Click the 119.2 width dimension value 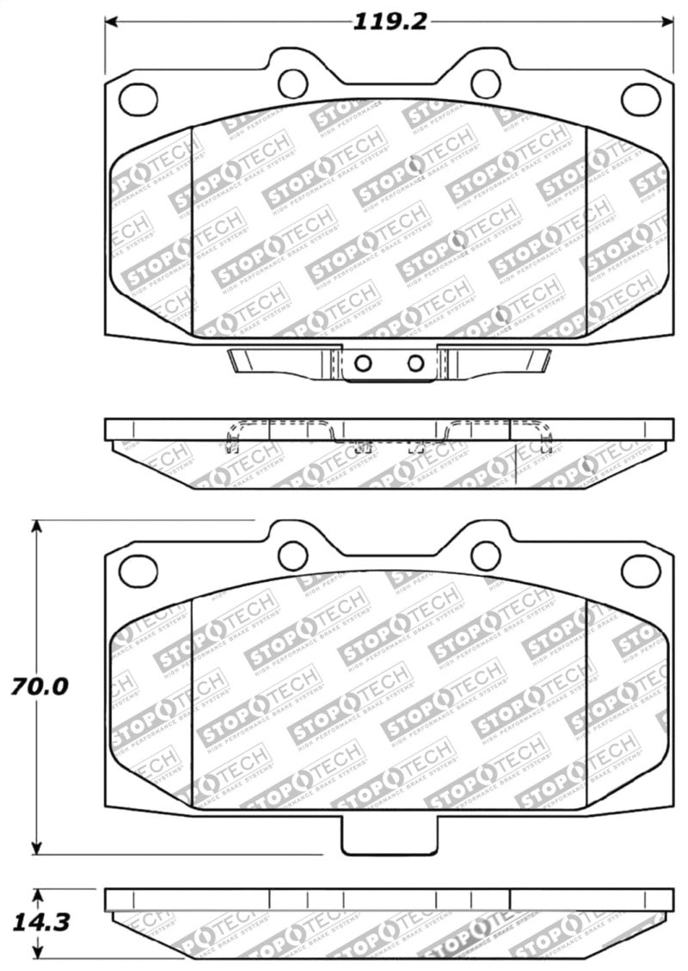click(x=390, y=22)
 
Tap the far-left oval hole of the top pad click(x=138, y=99)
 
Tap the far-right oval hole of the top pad click(x=640, y=99)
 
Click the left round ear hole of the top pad click(x=292, y=83)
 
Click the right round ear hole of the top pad click(x=486, y=83)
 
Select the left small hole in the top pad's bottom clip click(x=364, y=363)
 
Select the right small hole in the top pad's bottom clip click(x=415, y=363)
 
